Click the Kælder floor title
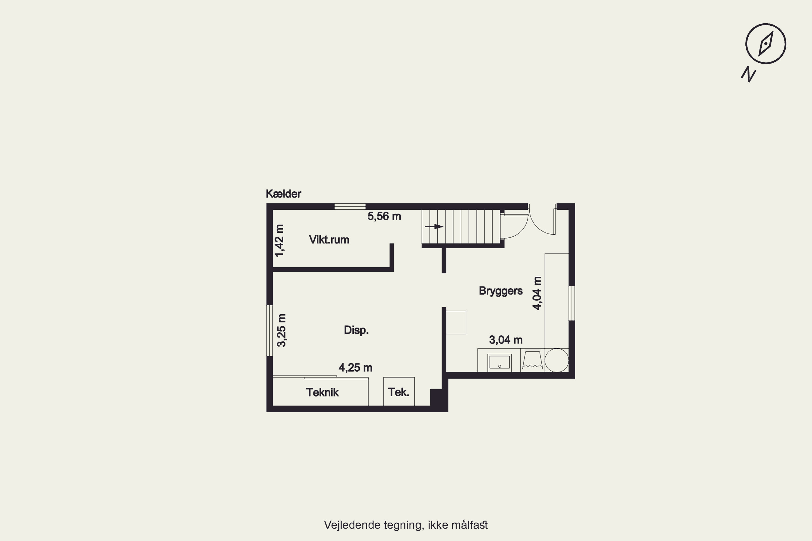(x=283, y=194)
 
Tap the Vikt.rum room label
(x=329, y=239)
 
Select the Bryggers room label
(x=500, y=291)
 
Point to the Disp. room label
(x=356, y=330)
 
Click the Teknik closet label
(x=322, y=392)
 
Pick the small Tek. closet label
(x=399, y=392)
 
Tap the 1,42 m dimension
(x=279, y=240)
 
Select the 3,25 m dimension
(x=282, y=330)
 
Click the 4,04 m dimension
(x=537, y=293)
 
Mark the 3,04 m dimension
(x=506, y=340)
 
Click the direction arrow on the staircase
(x=434, y=227)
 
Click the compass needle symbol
(x=766, y=44)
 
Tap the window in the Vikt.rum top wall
(x=350, y=206)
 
